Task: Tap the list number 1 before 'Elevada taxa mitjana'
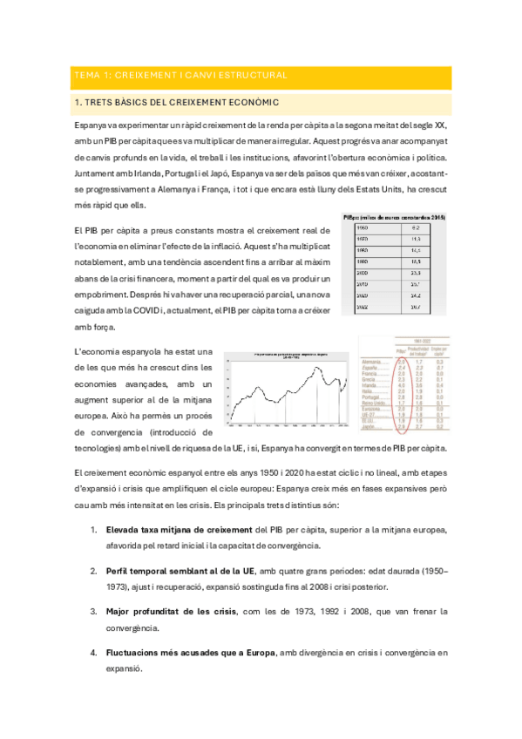tap(93, 529)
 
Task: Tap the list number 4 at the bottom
tap(93, 652)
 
